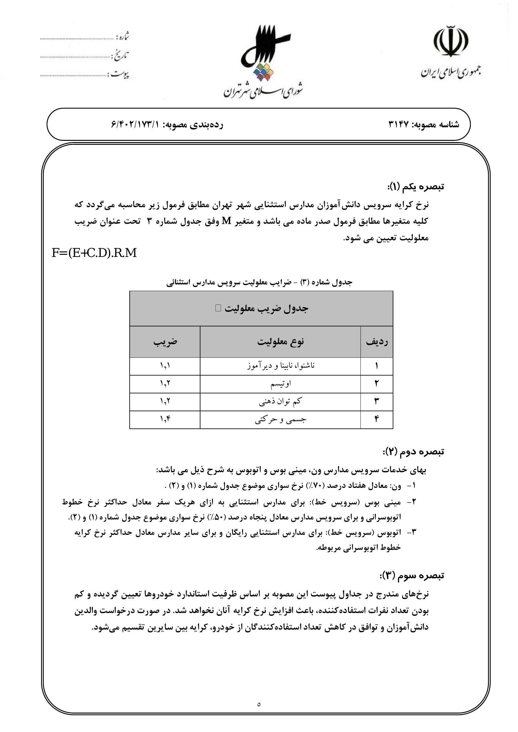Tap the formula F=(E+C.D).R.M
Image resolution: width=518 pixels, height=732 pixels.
tap(94, 253)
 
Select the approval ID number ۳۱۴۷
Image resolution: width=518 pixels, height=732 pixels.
tap(399, 125)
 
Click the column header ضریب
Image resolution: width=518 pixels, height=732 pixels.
tap(165, 342)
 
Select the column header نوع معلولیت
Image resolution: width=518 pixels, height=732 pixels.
tap(280, 342)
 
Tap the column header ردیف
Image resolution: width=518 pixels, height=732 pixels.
tap(377, 342)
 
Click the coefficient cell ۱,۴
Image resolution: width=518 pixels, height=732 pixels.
tap(165, 419)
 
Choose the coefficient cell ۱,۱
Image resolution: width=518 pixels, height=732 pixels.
tap(165, 366)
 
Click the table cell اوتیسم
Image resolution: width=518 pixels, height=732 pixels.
tap(281, 384)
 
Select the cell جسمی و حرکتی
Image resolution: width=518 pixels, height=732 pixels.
tap(281, 420)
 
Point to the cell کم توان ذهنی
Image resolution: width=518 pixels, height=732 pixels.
tap(280, 402)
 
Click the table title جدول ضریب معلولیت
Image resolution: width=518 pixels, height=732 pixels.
tap(266, 308)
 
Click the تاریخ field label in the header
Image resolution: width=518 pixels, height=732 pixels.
tap(120, 56)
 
